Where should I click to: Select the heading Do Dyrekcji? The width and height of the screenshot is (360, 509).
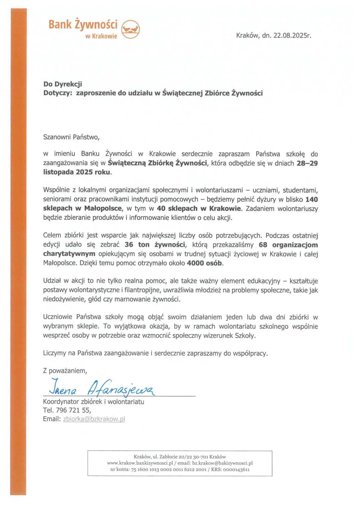click(x=63, y=84)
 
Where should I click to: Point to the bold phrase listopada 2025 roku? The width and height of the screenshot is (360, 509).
click(x=77, y=173)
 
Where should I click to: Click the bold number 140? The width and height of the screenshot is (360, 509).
click(x=312, y=199)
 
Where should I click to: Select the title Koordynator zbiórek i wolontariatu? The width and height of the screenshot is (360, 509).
click(x=94, y=402)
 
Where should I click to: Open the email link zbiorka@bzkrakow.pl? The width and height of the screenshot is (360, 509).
click(x=94, y=419)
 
